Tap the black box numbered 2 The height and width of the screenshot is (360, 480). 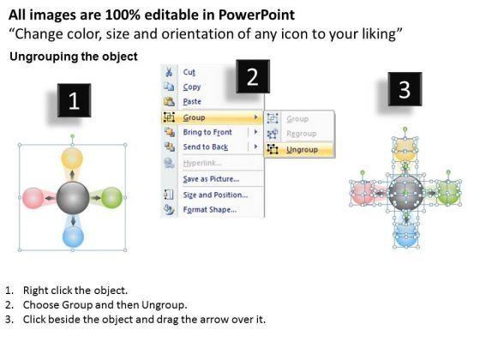252,78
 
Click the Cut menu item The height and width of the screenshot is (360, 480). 189,72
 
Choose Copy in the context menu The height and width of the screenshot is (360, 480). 192,87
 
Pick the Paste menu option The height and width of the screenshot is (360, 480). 193,101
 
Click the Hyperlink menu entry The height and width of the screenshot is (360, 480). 203,162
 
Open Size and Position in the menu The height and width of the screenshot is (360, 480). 215,194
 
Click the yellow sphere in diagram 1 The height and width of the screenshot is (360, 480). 72,158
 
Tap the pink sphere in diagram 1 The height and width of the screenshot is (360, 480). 32,198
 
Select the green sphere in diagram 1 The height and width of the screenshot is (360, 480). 111,198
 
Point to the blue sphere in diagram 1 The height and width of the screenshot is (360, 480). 73,237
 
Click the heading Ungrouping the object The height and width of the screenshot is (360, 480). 73,57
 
